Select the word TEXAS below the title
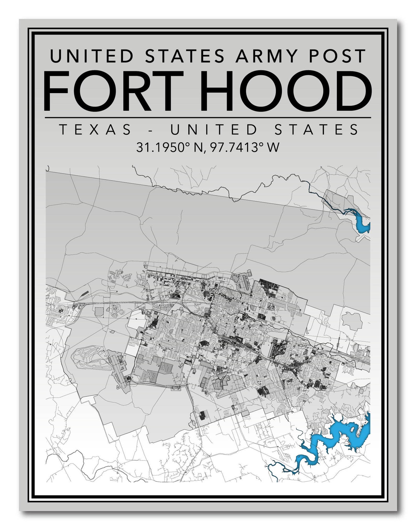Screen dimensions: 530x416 coord(96,130)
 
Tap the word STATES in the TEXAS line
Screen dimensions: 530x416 coord(317,130)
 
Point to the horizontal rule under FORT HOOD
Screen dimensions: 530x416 coord(208,118)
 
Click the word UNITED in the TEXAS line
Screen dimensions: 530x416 coord(214,130)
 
